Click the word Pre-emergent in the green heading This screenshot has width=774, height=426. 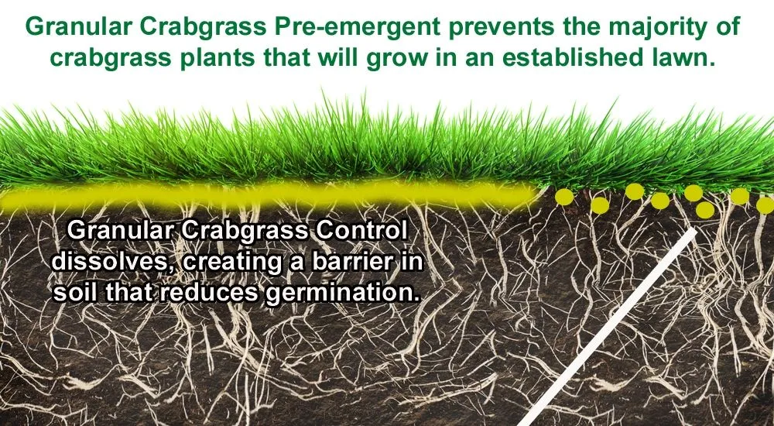tap(358, 27)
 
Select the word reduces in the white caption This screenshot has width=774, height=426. tap(209, 292)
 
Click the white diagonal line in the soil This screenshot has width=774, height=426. tap(608, 327)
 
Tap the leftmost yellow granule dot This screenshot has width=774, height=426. tap(564, 197)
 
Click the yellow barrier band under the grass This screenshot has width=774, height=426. tap(269, 196)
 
